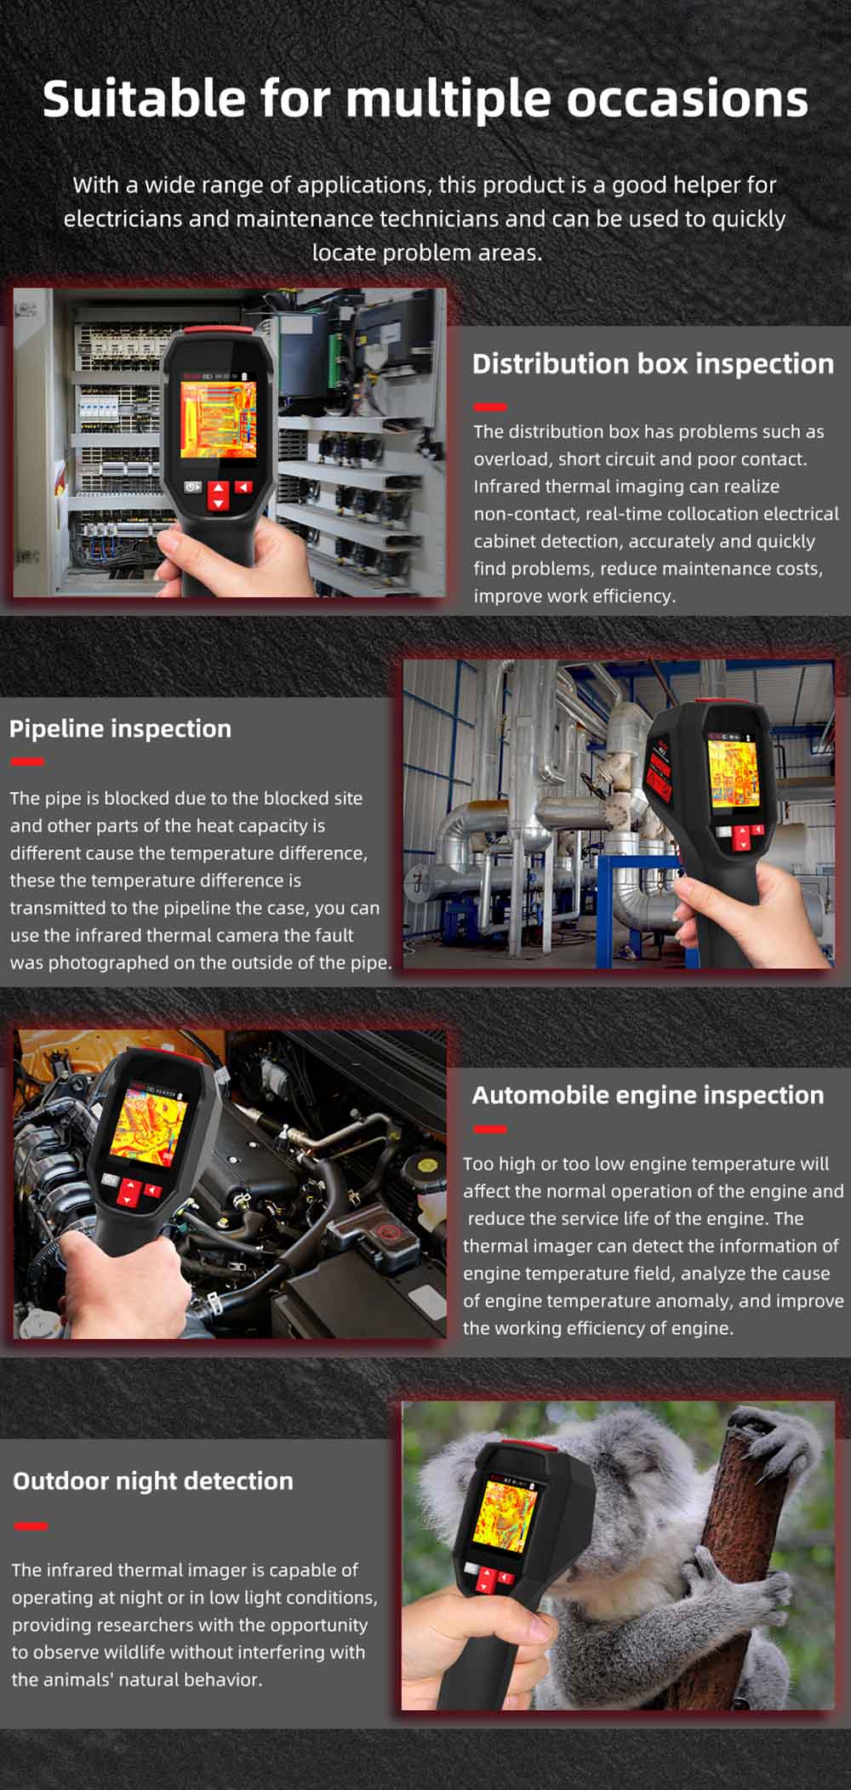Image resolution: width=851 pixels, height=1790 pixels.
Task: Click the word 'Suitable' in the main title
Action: point(144,99)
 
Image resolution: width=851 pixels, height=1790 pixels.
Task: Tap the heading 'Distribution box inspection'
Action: point(653,364)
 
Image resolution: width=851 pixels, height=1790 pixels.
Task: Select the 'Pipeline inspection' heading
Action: point(120,729)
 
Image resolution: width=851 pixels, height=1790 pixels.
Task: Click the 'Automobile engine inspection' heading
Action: point(648,1095)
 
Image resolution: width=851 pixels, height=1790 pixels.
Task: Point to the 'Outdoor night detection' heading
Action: point(152,1481)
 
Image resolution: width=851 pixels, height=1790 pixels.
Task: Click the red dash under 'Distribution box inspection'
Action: point(489,407)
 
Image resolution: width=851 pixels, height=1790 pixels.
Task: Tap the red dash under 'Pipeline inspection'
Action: point(26,761)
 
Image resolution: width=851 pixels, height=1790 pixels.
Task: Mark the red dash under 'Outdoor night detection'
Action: point(30,1525)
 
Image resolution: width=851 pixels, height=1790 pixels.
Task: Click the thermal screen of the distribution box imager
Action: point(219,421)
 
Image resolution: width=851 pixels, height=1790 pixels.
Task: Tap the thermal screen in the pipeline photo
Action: point(733,772)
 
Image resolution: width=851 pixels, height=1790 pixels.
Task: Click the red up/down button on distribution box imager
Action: point(219,495)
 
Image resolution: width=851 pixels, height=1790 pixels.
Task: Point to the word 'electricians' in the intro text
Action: point(123,219)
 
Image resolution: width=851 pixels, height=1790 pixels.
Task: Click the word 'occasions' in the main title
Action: point(688,99)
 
